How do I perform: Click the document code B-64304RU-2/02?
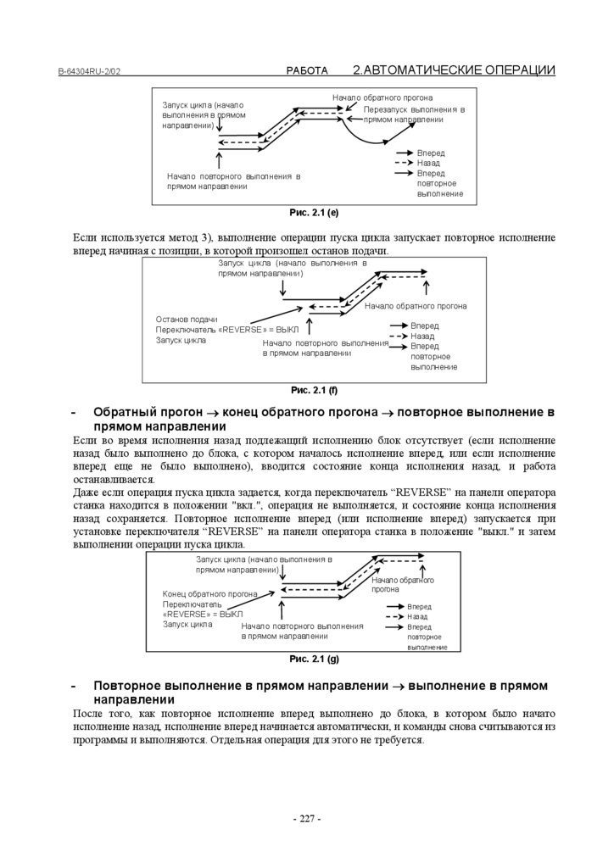pos(89,73)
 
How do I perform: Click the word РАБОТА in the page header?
pos(307,71)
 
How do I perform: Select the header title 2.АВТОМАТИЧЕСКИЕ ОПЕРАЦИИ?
pos(454,70)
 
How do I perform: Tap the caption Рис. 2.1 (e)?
pos(314,212)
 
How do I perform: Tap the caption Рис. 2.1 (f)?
pos(314,390)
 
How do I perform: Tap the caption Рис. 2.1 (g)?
pos(314,659)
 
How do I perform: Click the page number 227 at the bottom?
pos(307,819)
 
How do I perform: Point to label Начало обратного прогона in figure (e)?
pos(382,97)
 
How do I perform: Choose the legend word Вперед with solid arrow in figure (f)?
pos(425,325)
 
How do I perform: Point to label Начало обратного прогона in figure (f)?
pos(416,305)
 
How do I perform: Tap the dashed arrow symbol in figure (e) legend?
pos(404,163)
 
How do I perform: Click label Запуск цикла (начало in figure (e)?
pos(204,104)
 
